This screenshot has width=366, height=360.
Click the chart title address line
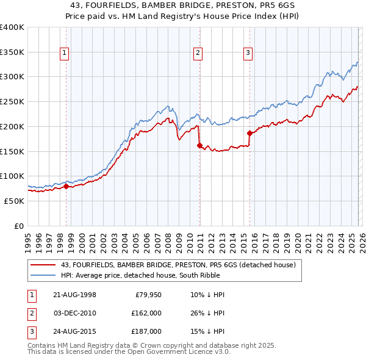[182, 4]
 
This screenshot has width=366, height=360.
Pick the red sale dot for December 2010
[199, 145]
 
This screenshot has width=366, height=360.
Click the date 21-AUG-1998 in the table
[74, 295]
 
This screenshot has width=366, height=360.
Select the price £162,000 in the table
[146, 313]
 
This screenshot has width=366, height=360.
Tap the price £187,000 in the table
[146, 331]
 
